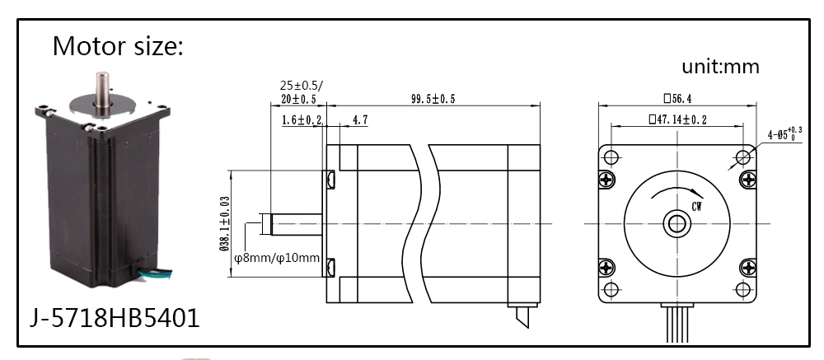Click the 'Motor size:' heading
(x=118, y=46)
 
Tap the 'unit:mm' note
(x=720, y=66)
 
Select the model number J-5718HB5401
(x=115, y=317)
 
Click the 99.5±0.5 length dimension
(x=433, y=99)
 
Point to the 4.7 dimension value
(x=360, y=120)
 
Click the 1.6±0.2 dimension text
(x=302, y=120)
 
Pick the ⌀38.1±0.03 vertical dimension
(x=224, y=223)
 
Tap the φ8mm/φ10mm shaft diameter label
(x=277, y=258)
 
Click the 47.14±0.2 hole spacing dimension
(x=677, y=119)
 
